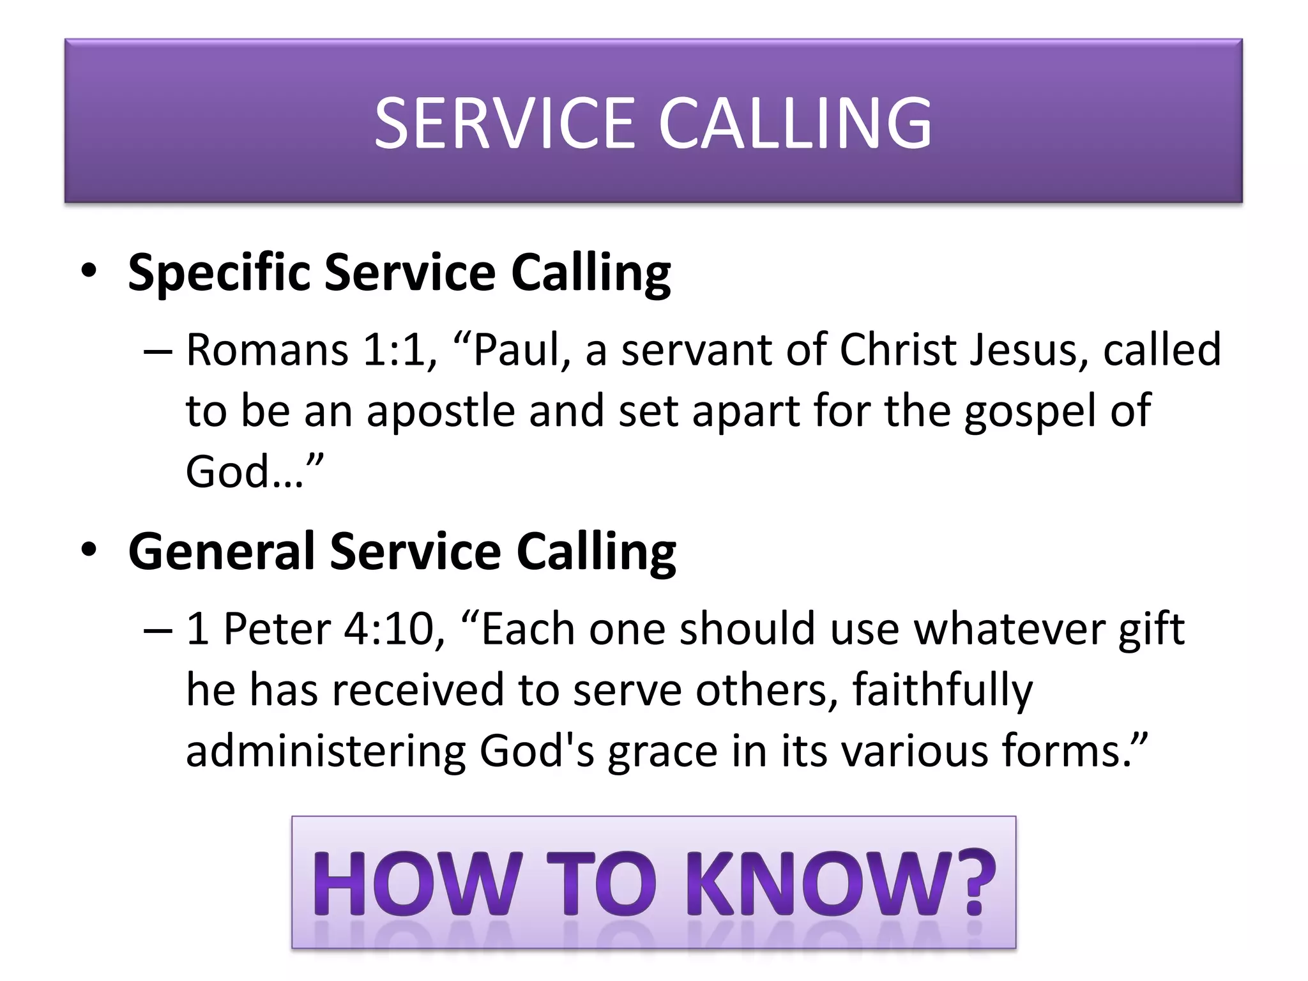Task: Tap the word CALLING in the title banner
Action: (795, 123)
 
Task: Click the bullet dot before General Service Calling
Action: (89, 550)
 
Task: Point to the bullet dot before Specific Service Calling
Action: (89, 271)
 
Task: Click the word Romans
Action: (267, 350)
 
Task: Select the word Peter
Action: (277, 629)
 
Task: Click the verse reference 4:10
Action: (394, 629)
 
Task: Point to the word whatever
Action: (1009, 629)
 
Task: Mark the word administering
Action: (326, 751)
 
